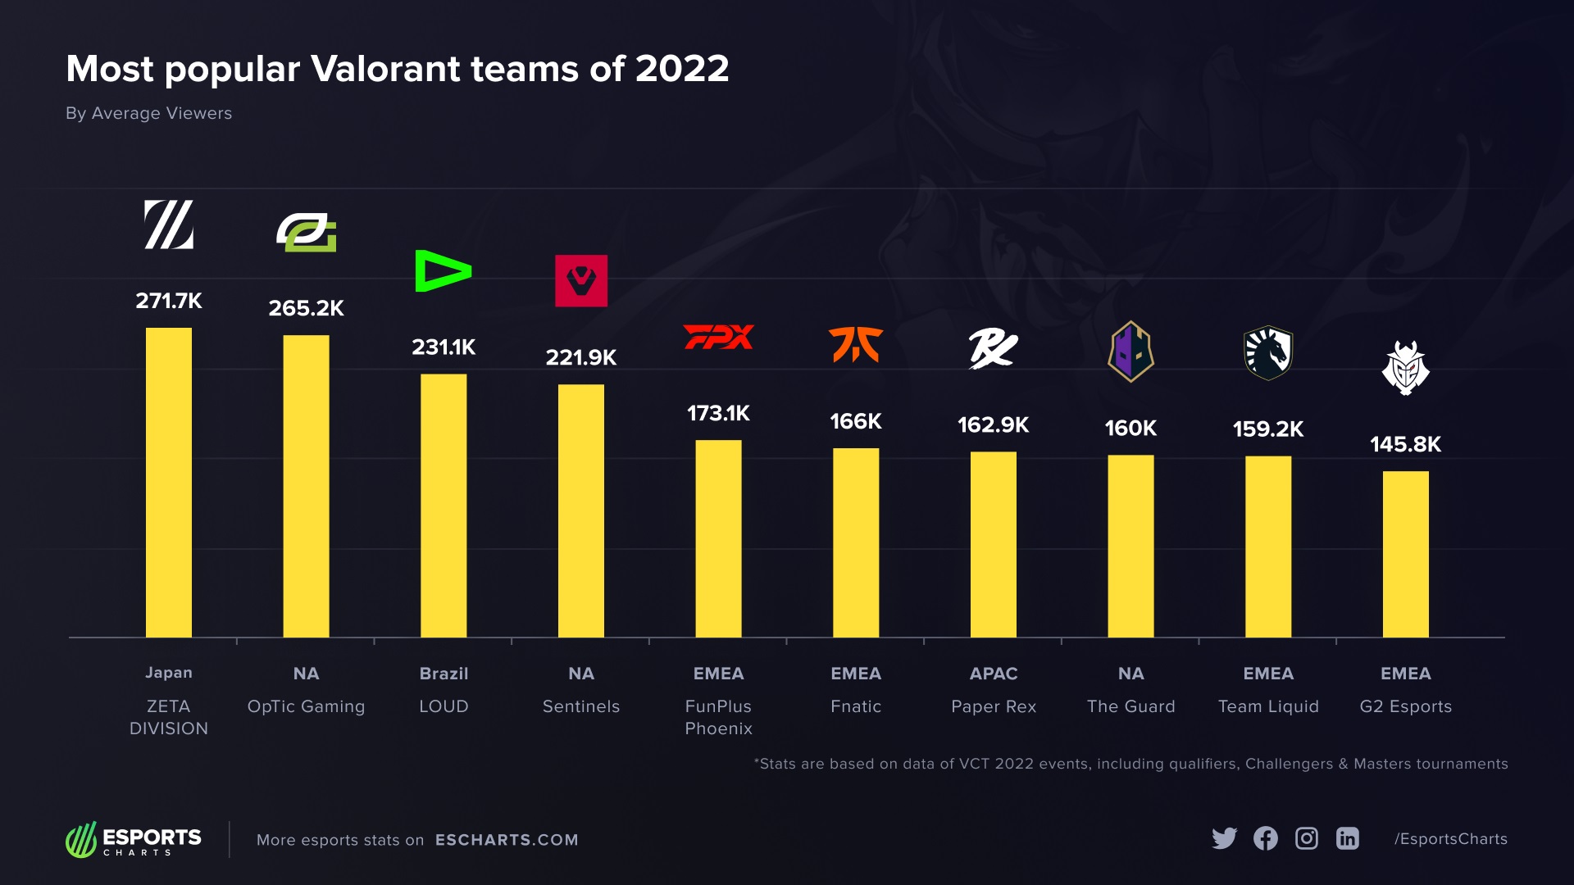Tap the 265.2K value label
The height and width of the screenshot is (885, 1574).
coord(306,308)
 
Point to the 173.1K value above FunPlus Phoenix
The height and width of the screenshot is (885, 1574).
coord(718,413)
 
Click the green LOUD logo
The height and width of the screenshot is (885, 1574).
coord(443,271)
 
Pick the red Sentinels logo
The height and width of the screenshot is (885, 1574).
coord(581,281)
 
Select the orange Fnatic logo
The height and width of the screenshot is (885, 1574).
coord(855,344)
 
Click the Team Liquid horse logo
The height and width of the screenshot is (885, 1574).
coord(1267,353)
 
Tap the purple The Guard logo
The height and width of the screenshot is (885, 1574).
coord(1130,352)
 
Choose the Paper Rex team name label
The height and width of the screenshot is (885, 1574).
coord(993,706)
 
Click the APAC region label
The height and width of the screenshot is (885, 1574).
coord(993,674)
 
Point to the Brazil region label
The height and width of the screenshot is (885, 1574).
coord(444,674)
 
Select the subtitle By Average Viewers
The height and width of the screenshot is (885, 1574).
coord(148,113)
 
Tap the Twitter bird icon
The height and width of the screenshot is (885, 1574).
coord(1224,838)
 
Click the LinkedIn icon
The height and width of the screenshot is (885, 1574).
coord(1347,838)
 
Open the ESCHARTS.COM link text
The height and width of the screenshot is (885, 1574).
coord(507,840)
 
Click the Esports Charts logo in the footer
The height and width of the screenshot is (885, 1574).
coord(134,840)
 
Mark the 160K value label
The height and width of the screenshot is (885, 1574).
coord(1130,428)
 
